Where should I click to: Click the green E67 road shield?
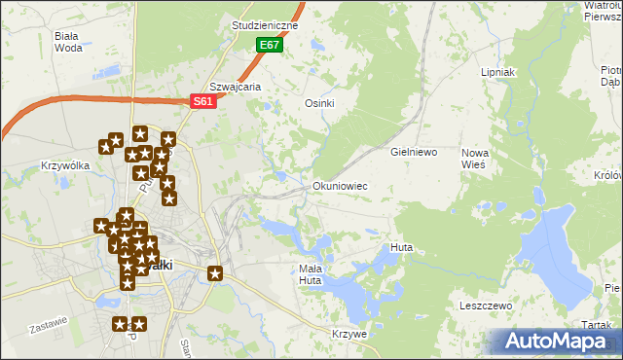point(270,46)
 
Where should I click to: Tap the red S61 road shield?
point(202,101)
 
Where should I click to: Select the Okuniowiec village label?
point(340,185)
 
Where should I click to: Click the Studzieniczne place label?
point(266,24)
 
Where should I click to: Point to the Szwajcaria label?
point(237,87)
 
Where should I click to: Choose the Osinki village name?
point(320,104)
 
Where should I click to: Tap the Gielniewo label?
point(415,153)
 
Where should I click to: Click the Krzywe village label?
point(348,334)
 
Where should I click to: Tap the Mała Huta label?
point(310,274)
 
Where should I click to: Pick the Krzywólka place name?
point(65,165)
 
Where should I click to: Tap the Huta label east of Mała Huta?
point(401,248)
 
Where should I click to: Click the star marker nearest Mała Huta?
point(215,274)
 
